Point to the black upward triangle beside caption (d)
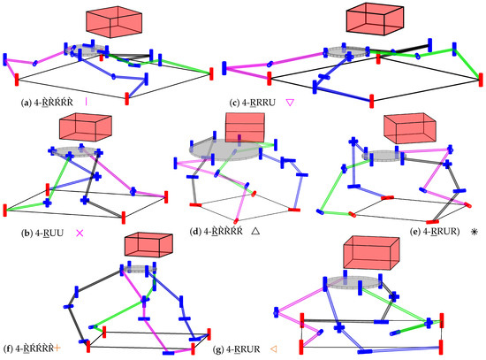pos(254,230)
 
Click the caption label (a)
pos(24,103)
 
